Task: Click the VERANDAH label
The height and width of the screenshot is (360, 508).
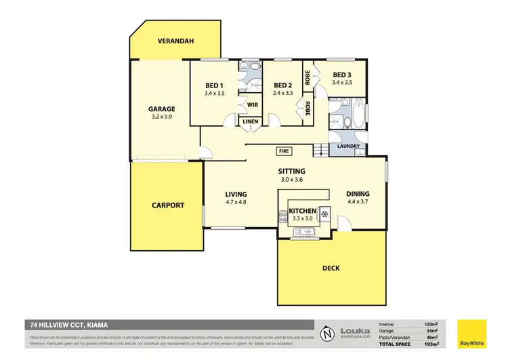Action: pos(175,41)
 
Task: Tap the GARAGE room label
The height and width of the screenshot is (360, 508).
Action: pos(162,108)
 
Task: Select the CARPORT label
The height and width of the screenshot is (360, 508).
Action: pos(167,205)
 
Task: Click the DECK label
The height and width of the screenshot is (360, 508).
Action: pos(331,268)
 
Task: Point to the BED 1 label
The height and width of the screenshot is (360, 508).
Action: pos(215,85)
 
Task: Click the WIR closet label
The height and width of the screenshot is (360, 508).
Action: pos(252,105)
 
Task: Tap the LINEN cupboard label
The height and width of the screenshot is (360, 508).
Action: pos(251,122)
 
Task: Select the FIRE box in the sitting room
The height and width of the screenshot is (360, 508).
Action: pos(282,151)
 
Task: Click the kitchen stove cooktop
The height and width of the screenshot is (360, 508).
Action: pos(283,217)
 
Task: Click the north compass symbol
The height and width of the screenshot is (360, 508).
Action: pos(328,334)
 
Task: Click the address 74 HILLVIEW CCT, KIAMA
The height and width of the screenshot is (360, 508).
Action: pos(68,325)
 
